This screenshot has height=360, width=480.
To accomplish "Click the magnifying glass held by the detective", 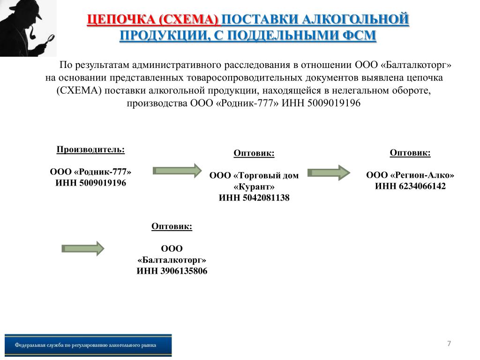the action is point(49,39).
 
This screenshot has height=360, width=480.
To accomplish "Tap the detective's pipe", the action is point(32,33).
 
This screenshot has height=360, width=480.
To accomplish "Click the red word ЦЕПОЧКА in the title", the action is point(121,20).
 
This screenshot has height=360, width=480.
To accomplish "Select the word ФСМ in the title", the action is point(359,35).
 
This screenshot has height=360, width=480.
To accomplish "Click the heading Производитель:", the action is point(90,150).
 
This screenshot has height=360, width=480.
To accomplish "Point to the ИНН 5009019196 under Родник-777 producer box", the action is point(90,183).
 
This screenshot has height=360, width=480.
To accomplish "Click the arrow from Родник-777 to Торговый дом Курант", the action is point(177,171).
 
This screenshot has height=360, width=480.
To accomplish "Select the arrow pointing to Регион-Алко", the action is point(329,172).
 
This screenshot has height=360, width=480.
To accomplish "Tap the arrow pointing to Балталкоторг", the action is point(83,248).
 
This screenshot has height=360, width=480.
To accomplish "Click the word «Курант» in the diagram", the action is point(254,187).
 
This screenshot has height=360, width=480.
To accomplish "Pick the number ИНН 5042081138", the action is point(254,198).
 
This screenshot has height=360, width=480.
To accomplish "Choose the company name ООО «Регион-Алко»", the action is point(410,175).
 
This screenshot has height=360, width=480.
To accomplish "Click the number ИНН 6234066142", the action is point(410,186).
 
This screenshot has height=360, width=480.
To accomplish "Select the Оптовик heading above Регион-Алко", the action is point(410,153).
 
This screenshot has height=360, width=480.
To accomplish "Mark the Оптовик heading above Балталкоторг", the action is point(172,226).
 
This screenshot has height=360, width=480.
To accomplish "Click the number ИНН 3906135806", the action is point(172,271).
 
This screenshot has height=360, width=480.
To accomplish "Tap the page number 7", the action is point(449,344).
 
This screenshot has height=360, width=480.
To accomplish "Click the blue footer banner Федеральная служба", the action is point(88,345).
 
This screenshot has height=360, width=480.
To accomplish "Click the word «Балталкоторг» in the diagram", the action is point(172,260).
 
